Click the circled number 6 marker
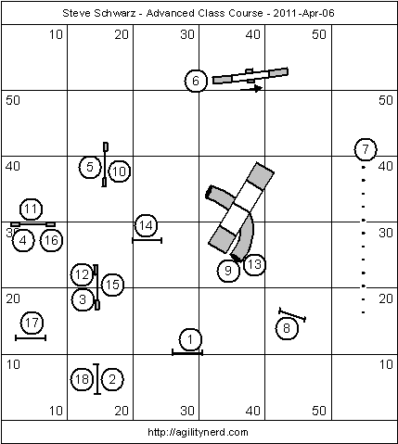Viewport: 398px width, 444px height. [196, 81]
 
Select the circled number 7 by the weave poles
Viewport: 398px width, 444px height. [366, 149]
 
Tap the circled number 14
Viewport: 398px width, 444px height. [146, 225]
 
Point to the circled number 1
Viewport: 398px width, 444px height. [190, 339]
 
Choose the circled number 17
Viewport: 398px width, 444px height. [32, 323]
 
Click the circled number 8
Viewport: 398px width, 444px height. [287, 328]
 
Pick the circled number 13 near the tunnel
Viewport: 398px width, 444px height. [254, 264]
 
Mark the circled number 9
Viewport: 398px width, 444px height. [228, 271]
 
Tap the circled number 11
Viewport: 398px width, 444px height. [31, 209]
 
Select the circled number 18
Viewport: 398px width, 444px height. [82, 379]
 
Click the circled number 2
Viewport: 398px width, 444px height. [112, 379]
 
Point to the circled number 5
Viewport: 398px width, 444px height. [90, 167]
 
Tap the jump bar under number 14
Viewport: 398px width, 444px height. [148, 240]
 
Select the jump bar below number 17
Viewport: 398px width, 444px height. [31, 338]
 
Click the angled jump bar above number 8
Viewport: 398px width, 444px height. [292, 315]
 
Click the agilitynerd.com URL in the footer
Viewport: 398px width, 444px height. [198, 432]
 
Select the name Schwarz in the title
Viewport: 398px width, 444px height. [119, 13]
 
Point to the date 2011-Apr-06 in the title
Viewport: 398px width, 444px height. [303, 13]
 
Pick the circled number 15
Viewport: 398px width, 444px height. [112, 285]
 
